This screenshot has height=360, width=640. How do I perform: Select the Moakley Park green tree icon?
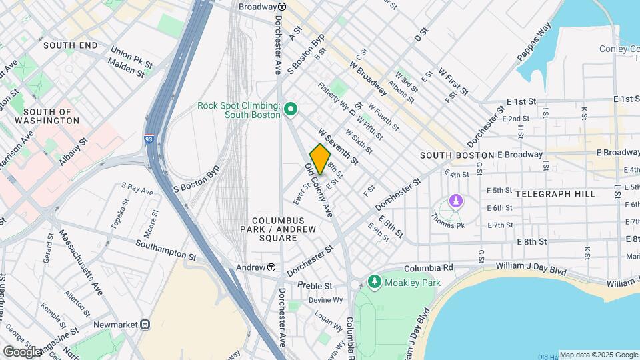tap(374, 283)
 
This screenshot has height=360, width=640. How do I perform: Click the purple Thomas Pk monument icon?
tap(456, 201)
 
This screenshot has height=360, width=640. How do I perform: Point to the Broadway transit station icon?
tap(282, 7)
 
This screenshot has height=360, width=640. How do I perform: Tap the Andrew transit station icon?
tap(272, 267)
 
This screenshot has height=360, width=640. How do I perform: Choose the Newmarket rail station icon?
tap(145, 324)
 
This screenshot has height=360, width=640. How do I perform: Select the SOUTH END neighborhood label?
tap(70, 45)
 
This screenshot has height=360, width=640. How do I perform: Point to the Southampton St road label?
tap(166, 249)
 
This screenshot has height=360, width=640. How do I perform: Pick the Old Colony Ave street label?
tap(319, 190)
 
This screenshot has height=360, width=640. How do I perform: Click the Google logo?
tap(22, 351)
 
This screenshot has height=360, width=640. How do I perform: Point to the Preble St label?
tap(315, 286)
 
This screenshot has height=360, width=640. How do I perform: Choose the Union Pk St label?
tap(133, 51)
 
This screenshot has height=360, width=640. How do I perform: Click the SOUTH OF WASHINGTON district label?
tap(51, 116)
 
